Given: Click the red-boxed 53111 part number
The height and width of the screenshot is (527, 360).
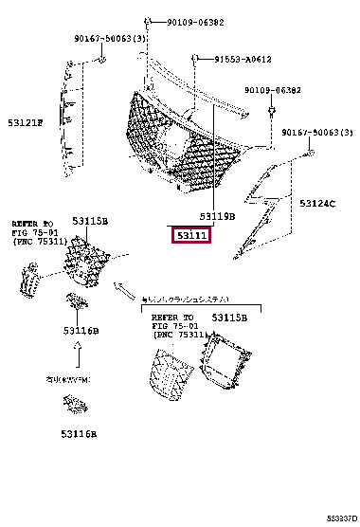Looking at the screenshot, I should (x=190, y=234).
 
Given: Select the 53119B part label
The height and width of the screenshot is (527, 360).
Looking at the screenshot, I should (x=217, y=216).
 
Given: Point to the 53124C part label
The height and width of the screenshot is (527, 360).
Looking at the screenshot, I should (x=317, y=203).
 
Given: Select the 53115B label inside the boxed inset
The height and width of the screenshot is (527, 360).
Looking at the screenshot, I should (x=229, y=318).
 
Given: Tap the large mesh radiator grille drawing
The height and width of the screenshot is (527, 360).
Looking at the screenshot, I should (x=180, y=142).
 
